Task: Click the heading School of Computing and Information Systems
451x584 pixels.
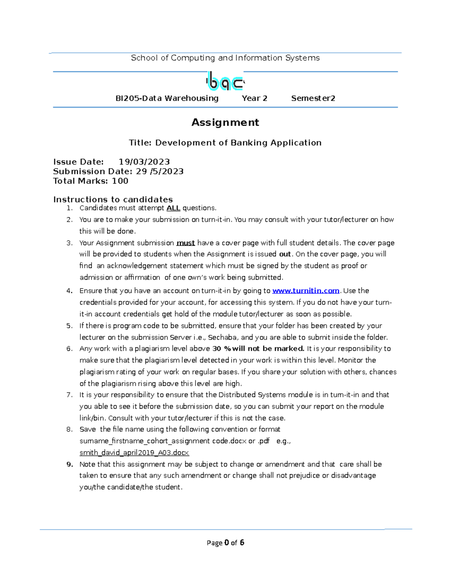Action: point(225,58)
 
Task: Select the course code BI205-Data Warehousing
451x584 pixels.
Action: point(167,99)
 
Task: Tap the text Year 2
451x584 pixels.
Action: point(254,99)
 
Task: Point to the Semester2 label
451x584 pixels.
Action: point(313,99)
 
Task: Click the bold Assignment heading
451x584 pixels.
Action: point(225,123)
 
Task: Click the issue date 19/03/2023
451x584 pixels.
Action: point(144,162)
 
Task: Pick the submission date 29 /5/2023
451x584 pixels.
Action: point(160,171)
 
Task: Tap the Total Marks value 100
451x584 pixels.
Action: point(120,181)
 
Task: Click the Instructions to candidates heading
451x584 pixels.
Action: point(113,200)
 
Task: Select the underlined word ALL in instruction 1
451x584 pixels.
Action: point(173,208)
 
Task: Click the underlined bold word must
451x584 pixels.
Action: point(186,243)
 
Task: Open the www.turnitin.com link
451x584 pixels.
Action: point(306,291)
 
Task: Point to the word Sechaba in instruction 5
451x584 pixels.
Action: point(222,337)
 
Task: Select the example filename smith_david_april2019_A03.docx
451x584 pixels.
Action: point(134,453)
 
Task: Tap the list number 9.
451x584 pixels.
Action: point(70,464)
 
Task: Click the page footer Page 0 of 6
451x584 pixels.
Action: point(225,543)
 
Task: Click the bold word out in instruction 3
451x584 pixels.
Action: point(285,254)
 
